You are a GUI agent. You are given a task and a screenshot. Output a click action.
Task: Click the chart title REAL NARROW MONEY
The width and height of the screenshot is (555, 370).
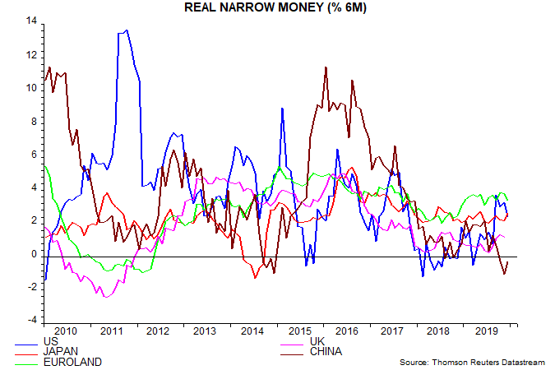point(277,7)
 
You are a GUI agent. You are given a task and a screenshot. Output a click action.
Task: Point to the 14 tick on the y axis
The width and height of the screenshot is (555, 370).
point(31,21)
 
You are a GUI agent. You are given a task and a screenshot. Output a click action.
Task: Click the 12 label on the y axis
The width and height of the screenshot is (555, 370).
point(31,55)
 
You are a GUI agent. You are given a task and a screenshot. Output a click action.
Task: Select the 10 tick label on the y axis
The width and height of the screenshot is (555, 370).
point(31,88)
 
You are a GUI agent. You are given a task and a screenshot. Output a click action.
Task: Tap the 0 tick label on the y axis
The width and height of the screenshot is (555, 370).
point(35,255)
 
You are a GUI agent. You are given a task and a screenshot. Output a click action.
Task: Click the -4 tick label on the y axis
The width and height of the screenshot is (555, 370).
point(32,321)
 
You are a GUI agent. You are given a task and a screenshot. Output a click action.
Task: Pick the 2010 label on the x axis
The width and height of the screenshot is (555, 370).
point(66,331)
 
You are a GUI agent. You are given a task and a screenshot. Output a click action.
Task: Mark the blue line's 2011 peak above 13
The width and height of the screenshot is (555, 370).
point(124,31)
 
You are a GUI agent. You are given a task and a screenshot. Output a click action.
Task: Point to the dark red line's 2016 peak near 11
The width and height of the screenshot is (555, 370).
point(326,67)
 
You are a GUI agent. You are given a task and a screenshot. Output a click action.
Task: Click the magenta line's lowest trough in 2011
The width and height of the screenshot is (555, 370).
point(104,296)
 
